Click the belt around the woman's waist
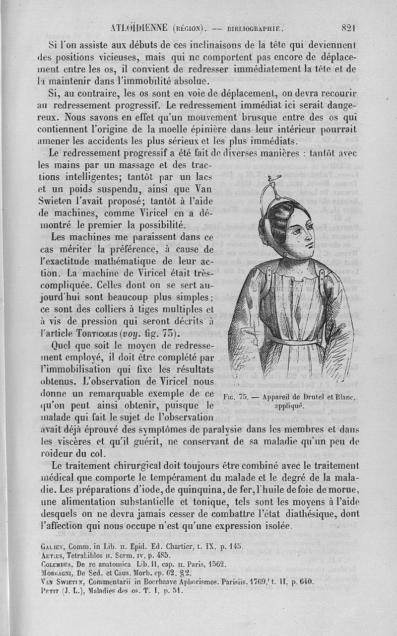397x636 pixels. (293, 341)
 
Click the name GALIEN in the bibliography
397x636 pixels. (51, 546)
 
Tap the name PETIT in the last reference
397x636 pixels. (49, 591)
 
